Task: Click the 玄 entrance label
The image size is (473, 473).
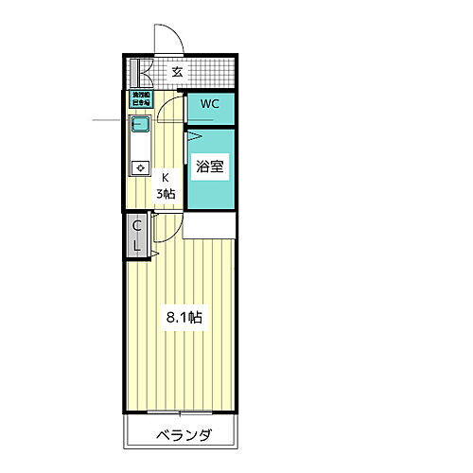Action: (x=177, y=72)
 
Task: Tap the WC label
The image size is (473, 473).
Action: (x=208, y=105)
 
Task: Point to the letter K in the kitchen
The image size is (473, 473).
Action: (x=165, y=177)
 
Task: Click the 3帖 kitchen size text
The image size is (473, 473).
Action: (x=165, y=194)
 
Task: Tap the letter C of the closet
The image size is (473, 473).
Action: (x=137, y=226)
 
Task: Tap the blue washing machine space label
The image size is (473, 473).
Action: (x=141, y=99)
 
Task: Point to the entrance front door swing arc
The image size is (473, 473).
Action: (x=168, y=40)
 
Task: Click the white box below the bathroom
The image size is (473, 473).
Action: (x=209, y=225)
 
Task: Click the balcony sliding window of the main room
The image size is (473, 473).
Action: (x=180, y=412)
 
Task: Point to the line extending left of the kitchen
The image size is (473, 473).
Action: (x=109, y=121)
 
